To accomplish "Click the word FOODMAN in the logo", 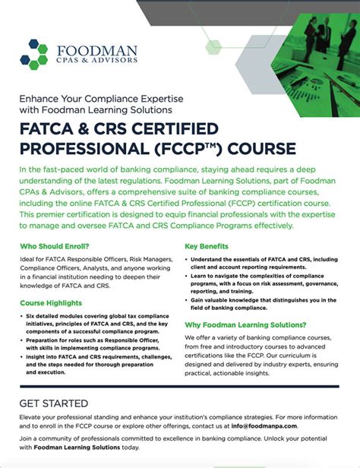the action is (94, 51).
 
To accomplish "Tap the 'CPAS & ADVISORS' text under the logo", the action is (94, 63).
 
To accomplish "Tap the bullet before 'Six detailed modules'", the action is (25, 315).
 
